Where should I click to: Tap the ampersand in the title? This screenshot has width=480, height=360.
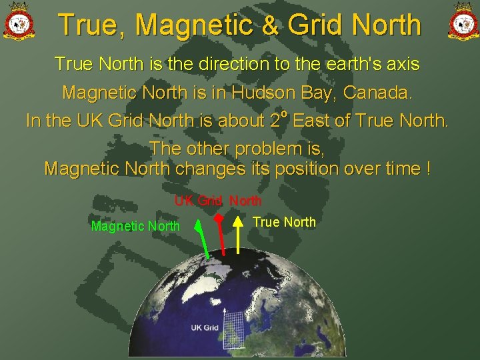(270, 26)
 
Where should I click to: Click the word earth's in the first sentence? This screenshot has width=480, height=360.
(341, 64)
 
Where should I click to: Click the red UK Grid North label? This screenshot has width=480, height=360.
(218, 201)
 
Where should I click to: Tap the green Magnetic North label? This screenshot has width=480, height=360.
(135, 226)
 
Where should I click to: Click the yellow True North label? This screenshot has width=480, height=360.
(285, 222)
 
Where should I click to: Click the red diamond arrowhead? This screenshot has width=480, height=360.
(218, 217)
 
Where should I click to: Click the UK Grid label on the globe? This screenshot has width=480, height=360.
(205, 327)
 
